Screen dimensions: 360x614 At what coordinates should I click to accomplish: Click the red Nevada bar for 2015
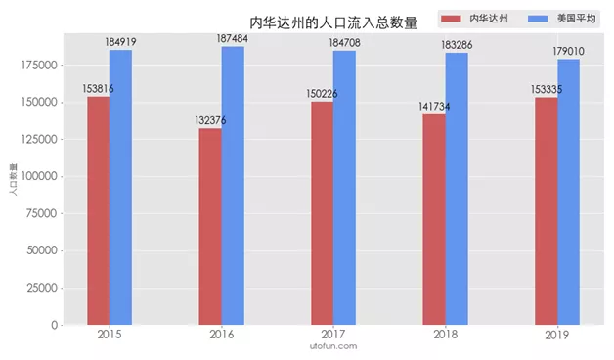point(98,210)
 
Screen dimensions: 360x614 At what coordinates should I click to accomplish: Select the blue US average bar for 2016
point(233,186)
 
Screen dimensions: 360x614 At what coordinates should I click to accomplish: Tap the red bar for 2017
point(322,212)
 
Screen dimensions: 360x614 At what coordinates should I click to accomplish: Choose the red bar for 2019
point(546,210)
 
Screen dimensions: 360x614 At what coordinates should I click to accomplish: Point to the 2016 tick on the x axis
point(222,335)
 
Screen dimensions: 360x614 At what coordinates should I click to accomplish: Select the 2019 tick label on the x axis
point(557,335)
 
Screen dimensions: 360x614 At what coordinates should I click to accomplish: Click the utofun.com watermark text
point(332,346)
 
